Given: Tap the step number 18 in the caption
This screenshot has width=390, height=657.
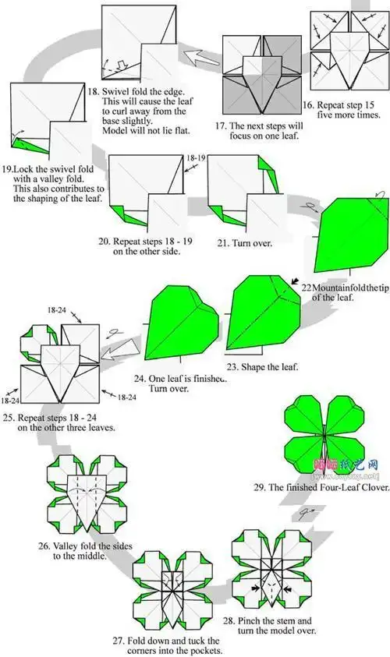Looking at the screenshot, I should [x=92, y=90].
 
